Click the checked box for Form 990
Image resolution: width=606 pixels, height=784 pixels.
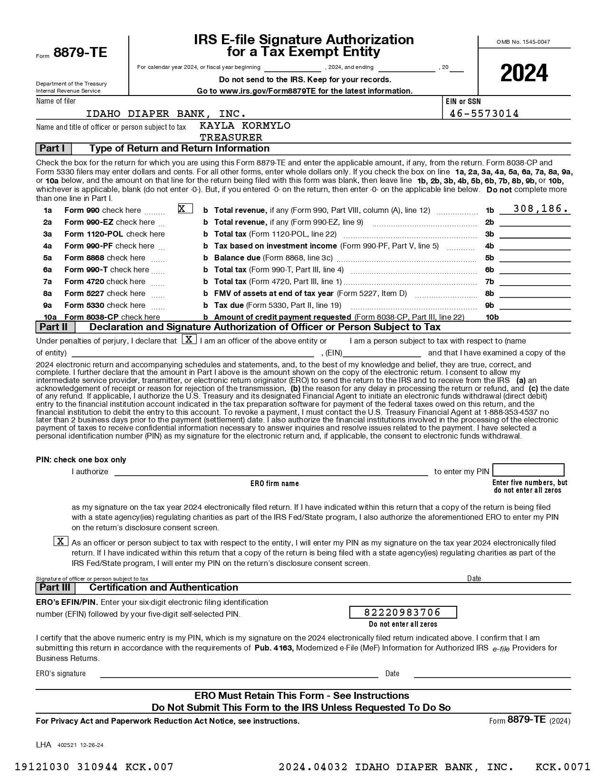point(185,209)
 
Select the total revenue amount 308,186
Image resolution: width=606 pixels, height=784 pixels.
point(540,209)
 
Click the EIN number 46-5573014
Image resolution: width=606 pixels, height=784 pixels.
point(484,114)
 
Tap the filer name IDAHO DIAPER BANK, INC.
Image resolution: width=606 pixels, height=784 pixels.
point(166,114)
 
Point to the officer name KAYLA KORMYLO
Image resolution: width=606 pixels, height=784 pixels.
point(245,126)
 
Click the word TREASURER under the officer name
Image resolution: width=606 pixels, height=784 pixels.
point(231,138)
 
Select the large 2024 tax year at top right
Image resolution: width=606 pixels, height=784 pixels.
point(524,73)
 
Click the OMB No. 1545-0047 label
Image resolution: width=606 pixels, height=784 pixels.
point(523,42)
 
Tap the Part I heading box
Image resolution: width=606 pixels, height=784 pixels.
point(53,149)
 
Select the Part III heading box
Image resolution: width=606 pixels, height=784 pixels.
point(55,588)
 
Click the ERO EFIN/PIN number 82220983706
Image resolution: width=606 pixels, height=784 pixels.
point(403,612)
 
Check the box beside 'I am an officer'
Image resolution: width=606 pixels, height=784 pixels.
point(189,340)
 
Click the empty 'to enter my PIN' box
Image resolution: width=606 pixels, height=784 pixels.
point(528,470)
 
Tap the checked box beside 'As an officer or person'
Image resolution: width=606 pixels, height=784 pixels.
point(61,541)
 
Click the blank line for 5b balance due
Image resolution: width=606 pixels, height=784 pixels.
point(535,258)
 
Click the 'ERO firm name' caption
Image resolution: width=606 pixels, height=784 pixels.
point(275,484)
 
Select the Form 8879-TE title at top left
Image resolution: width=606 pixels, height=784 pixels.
point(72,53)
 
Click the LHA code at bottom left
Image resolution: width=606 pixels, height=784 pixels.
point(43,745)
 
